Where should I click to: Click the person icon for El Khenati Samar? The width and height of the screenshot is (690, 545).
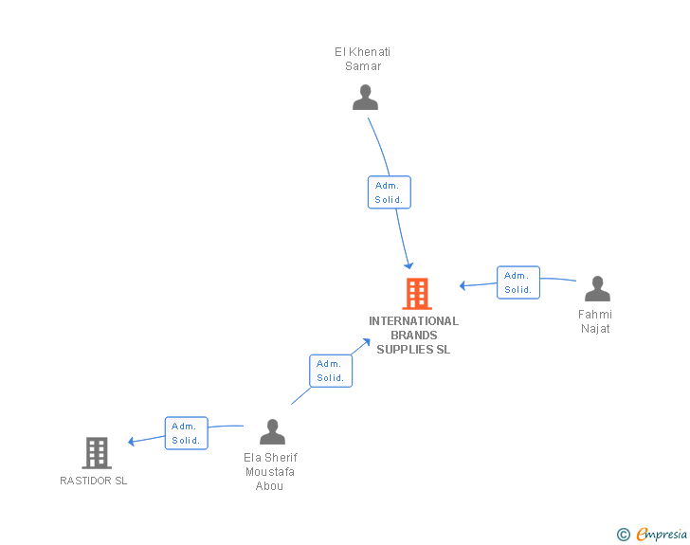[365, 98]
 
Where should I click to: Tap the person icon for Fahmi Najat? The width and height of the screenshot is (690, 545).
[597, 289]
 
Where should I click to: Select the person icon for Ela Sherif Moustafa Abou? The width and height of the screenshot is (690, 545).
[272, 432]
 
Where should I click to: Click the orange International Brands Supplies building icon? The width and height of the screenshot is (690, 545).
[416, 294]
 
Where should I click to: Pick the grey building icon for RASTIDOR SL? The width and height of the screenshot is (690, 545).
[97, 453]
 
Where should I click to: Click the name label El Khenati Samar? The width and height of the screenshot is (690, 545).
[363, 59]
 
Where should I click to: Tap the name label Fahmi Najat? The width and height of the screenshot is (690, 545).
[595, 321]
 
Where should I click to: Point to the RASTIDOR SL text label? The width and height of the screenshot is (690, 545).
[93, 481]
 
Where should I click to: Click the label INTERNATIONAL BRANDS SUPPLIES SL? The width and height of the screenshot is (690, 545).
[413, 335]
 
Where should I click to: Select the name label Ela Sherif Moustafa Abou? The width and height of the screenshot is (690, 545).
[270, 471]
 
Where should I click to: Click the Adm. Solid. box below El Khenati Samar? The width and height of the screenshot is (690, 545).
[389, 192]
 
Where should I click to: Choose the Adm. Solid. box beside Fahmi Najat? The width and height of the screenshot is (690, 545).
[517, 282]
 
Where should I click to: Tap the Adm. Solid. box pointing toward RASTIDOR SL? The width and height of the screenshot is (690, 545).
[186, 433]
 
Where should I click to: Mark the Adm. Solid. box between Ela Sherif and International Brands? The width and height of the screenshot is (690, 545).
[330, 371]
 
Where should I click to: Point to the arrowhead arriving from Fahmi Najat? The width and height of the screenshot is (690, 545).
[463, 285]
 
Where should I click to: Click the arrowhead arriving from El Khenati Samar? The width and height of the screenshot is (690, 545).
[409, 264]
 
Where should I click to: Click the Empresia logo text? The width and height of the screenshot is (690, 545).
[661, 535]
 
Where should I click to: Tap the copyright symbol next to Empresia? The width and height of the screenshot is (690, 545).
[623, 535]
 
